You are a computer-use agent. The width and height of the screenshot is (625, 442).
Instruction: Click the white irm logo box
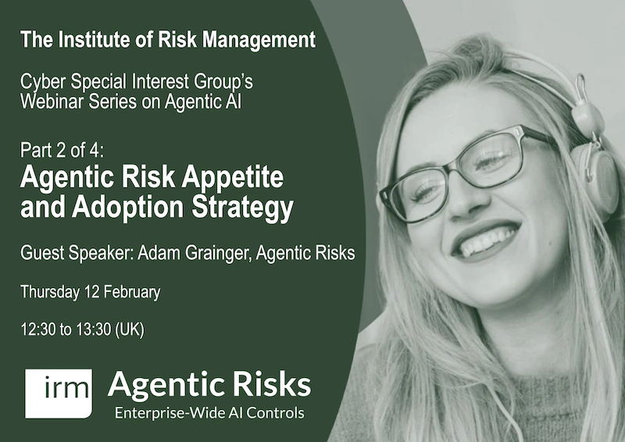coord(58,393)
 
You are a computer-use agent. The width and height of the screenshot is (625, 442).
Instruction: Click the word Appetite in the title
coord(234,178)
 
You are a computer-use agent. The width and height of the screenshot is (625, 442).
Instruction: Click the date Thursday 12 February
coord(90,293)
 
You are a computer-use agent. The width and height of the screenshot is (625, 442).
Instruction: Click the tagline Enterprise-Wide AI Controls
coord(209,412)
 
